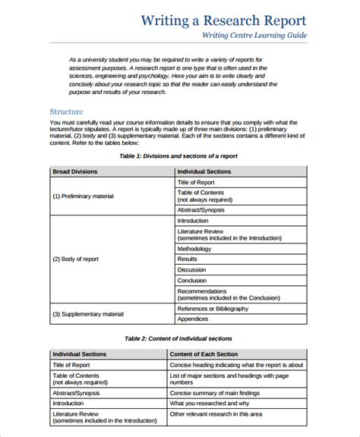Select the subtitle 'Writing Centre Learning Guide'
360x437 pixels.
pyautogui.click(x=254, y=36)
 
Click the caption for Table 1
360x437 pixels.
pyautogui.click(x=178, y=156)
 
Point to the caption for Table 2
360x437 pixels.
pyautogui.click(x=178, y=338)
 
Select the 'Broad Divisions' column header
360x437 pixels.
pyautogui.click(x=75, y=171)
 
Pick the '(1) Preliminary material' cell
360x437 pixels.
pyautogui.click(x=83, y=196)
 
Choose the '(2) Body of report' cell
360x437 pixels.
pyautogui.click(x=77, y=259)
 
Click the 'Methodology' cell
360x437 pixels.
pyautogui.click(x=194, y=249)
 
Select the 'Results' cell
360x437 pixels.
pyautogui.click(x=188, y=259)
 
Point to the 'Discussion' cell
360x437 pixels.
pyautogui.click(x=191, y=269)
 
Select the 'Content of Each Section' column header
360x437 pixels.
pyautogui.click(x=204, y=354)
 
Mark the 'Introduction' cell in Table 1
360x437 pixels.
pyautogui.click(x=193, y=220)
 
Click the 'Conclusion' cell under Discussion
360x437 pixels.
pyautogui.click(x=193, y=280)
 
